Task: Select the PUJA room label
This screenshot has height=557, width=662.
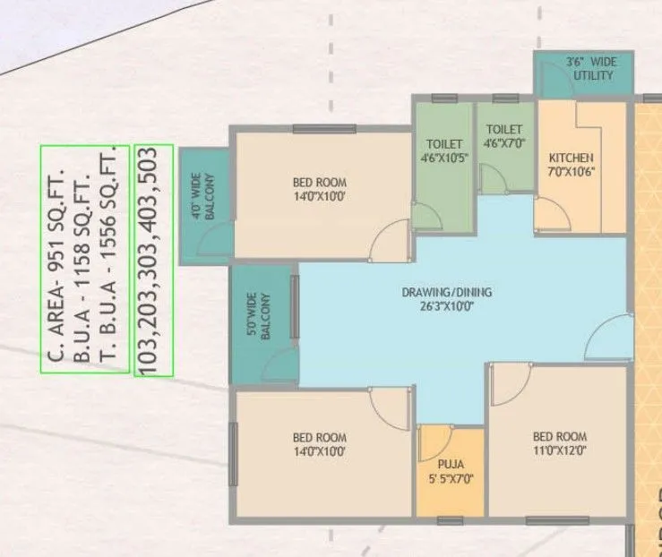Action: click(x=451, y=465)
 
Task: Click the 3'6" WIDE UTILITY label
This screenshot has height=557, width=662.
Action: click(x=589, y=69)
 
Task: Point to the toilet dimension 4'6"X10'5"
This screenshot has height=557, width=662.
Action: click(x=444, y=157)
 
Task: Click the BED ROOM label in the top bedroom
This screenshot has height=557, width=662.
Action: click(x=318, y=183)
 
